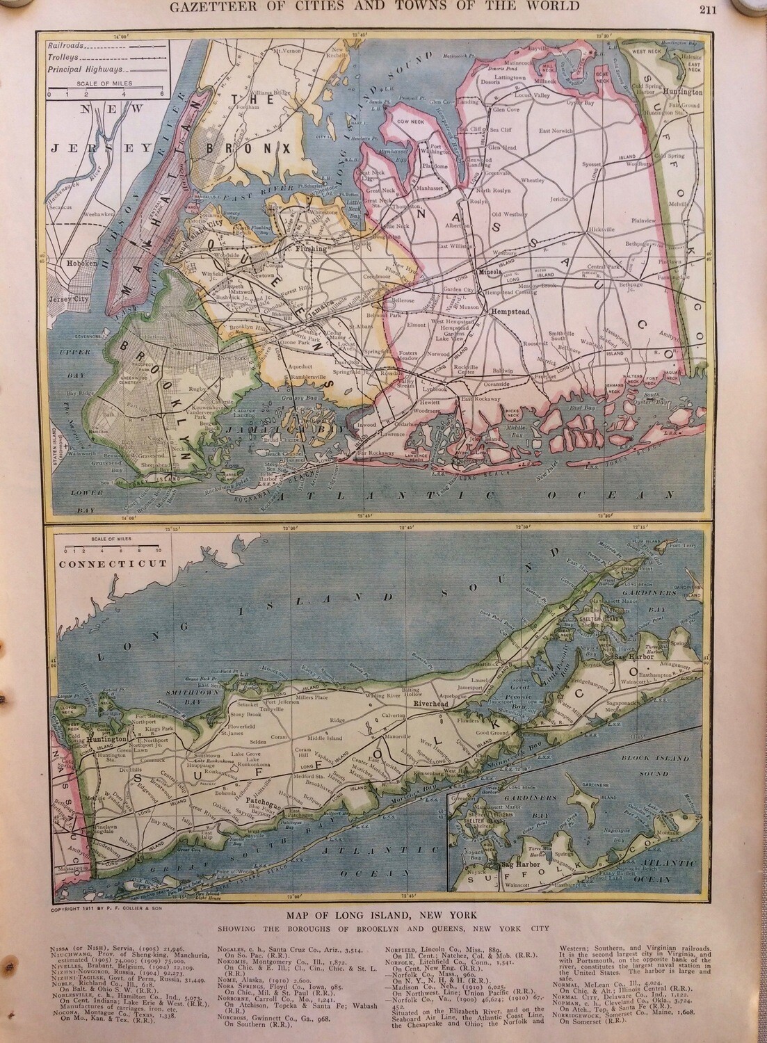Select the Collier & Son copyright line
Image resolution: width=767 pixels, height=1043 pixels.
pos(116,889)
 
